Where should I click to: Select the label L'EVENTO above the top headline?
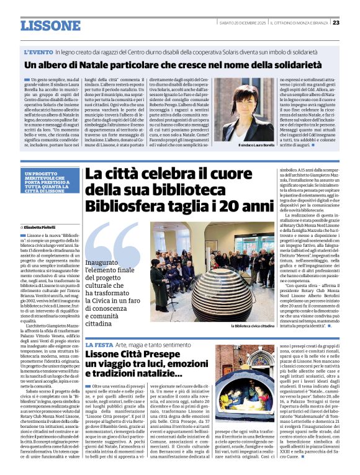click(x=38, y=52)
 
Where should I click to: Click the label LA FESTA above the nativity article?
click(x=98, y=344)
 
